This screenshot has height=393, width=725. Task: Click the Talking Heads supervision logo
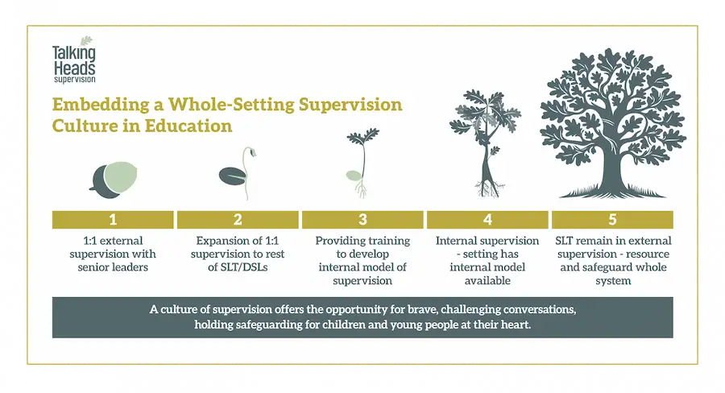[74, 60]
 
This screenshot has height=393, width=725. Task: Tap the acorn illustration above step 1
[114, 180]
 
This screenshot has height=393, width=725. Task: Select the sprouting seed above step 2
[238, 173]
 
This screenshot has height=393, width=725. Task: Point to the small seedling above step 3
[363, 163]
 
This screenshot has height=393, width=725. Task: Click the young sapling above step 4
[485, 143]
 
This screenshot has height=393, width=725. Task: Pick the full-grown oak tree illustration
[613, 123]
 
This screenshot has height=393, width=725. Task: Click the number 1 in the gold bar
[113, 220]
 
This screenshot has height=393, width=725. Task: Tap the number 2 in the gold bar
[238, 220]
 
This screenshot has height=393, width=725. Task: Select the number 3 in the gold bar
[362, 220]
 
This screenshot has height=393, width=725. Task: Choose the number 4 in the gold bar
[487, 220]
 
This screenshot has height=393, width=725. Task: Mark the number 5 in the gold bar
[612, 220]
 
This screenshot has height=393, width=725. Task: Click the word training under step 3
[386, 241]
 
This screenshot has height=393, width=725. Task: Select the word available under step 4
[487, 280]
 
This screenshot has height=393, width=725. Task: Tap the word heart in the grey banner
[517, 325]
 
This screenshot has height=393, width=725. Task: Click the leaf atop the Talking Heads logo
[86, 42]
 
